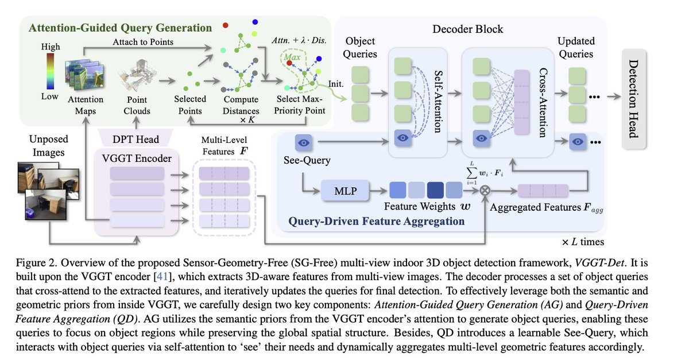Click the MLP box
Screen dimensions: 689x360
(x=345, y=191)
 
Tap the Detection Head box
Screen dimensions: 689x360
(x=634, y=99)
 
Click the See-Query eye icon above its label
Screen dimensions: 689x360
(x=304, y=143)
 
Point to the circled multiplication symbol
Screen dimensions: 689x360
(x=485, y=191)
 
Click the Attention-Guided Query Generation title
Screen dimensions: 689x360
(x=120, y=28)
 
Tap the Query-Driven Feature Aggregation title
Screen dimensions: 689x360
(x=377, y=221)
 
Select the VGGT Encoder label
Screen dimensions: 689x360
(x=137, y=158)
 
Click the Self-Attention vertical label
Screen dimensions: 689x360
(x=438, y=101)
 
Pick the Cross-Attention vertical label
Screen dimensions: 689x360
(x=543, y=102)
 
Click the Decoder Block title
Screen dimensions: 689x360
(x=467, y=29)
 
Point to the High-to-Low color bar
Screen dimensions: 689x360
(x=51, y=71)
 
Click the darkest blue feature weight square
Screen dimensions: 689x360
(x=435, y=190)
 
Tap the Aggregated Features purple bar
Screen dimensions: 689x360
(x=543, y=191)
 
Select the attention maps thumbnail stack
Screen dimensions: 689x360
(x=85, y=75)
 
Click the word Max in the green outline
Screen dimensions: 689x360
(x=292, y=57)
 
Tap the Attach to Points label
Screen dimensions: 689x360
(x=143, y=41)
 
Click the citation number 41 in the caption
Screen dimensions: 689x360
(x=162, y=276)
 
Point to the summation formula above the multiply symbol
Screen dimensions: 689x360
(x=485, y=173)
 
